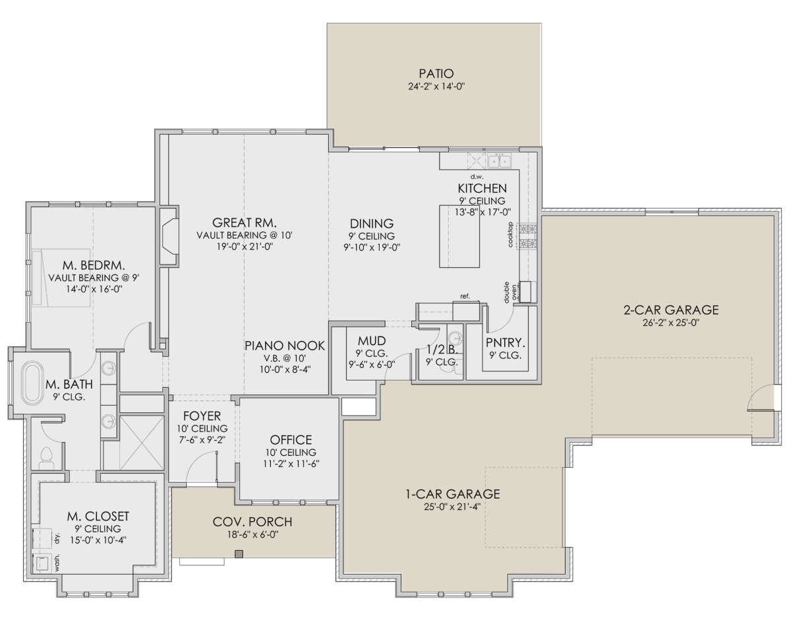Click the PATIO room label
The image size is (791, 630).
pos(436,74)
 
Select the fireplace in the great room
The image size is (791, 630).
pos(169,236)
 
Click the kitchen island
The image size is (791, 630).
pos(459,236)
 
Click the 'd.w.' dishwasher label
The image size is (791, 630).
pos(477,177)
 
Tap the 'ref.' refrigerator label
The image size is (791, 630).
pos(465,296)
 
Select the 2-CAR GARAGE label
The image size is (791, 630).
pos(671,310)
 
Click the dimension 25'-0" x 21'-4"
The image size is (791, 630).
pos(452,507)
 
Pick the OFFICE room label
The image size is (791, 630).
pos(291,440)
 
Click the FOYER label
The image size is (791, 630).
pos(202,416)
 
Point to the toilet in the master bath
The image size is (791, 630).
pos(47,458)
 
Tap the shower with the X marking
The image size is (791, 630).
pos(142,443)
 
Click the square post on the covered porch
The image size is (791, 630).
pos(239,554)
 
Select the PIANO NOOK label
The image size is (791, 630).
pos(285,346)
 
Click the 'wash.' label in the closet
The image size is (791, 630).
pos(57,563)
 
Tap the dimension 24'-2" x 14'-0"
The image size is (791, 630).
pos(436,86)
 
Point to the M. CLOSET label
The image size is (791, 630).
pos(98,517)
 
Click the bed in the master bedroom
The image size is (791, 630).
pos(61,278)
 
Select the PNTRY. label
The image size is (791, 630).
pos(506,343)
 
